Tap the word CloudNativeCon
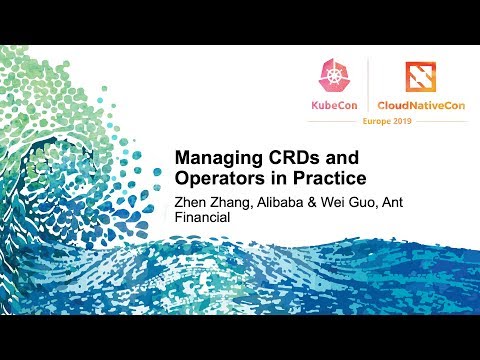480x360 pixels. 419,103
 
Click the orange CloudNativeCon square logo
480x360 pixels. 419,75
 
